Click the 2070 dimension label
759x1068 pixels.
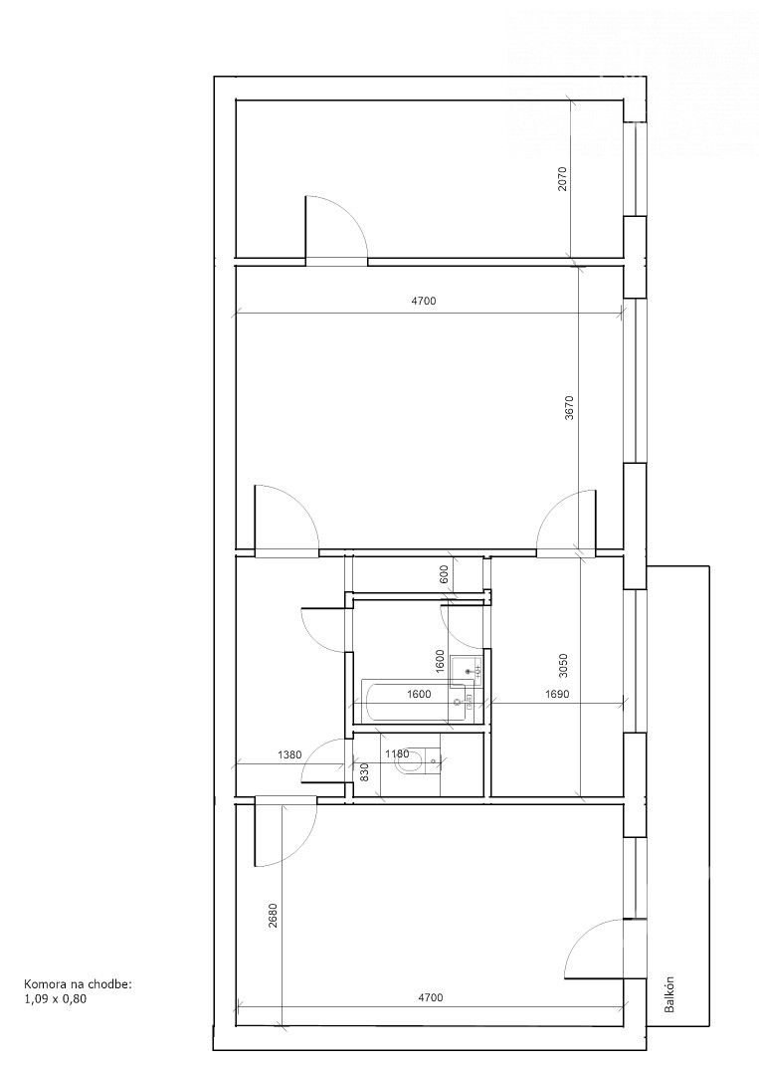coord(562,178)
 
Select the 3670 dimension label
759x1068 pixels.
coord(569,408)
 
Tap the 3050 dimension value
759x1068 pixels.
coord(563,667)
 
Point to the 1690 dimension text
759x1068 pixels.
coord(557,694)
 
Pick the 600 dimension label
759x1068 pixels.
coord(445,574)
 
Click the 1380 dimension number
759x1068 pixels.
coord(289,754)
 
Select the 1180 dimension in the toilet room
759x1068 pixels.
coord(397,754)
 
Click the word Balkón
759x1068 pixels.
coord(669,994)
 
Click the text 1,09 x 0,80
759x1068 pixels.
coord(56,999)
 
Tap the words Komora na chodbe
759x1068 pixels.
coord(77,984)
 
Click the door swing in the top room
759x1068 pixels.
coord(343,219)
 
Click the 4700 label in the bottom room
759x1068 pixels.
coord(430,998)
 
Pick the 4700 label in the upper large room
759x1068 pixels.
coord(424,301)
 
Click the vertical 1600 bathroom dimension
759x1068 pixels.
coord(439,662)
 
